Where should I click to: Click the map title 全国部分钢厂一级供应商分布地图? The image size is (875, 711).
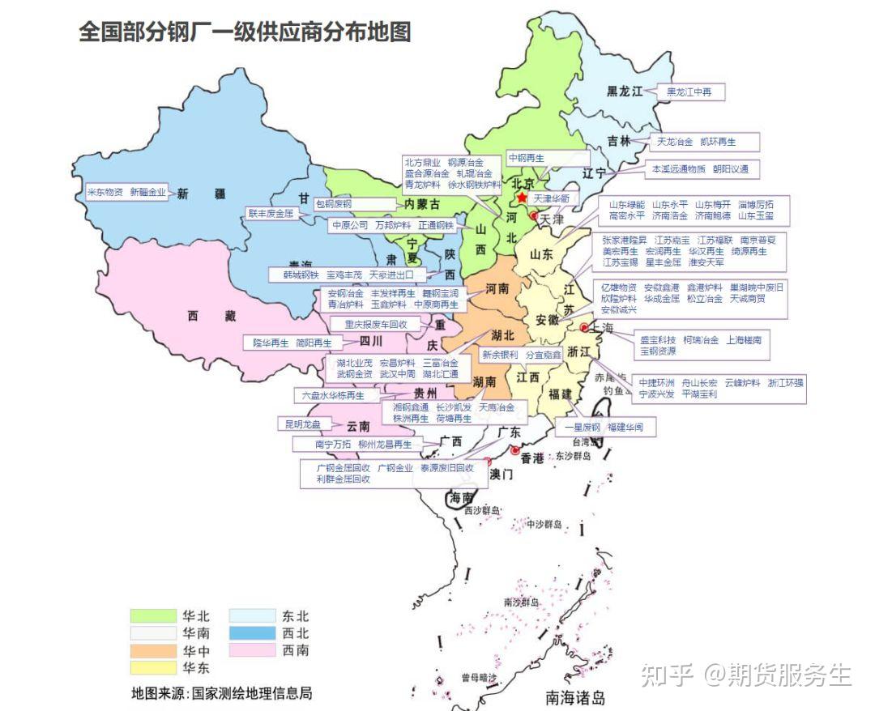click(245, 32)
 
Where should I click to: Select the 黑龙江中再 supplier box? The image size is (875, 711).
click(689, 92)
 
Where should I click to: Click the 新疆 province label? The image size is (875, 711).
click(194, 194)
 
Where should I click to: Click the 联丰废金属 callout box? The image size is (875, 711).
click(271, 214)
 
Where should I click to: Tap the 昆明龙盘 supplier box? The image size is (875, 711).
click(304, 424)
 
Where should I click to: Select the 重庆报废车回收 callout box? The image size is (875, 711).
click(376, 324)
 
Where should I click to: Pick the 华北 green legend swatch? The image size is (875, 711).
click(153, 616)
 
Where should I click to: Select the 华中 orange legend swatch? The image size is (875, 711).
click(153, 650)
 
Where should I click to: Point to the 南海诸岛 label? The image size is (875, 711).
click(575, 697)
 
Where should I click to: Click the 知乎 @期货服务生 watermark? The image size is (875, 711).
click(745, 675)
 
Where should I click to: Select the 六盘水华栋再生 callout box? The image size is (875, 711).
click(333, 396)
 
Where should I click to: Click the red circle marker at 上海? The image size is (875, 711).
click(584, 327)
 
